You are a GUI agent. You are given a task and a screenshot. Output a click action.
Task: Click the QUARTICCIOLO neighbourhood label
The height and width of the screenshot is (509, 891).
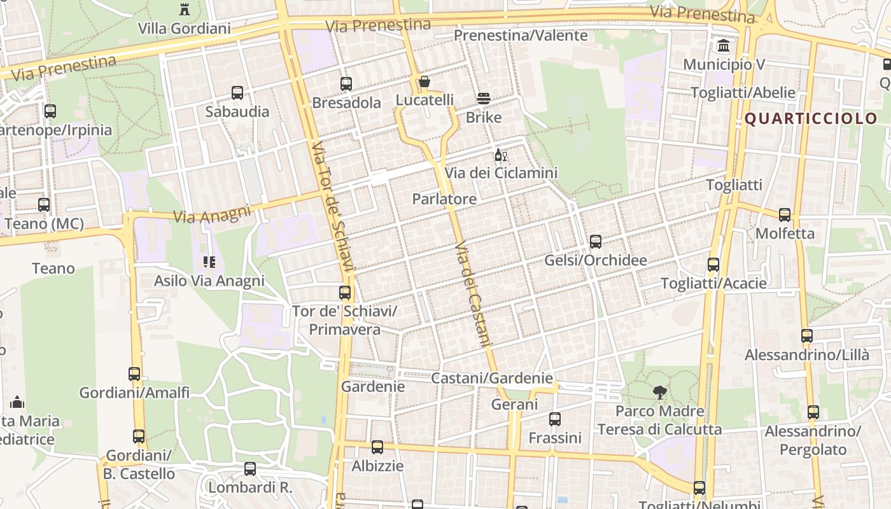[x=811, y=119]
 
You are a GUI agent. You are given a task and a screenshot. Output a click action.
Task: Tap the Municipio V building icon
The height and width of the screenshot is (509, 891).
[x=724, y=46]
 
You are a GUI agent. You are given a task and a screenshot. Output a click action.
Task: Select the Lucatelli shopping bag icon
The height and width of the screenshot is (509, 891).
[x=424, y=82]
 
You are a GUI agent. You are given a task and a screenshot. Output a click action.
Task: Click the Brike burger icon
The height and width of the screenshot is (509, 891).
[x=484, y=99]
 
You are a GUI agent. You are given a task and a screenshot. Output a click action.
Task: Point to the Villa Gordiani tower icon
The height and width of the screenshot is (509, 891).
[x=185, y=9]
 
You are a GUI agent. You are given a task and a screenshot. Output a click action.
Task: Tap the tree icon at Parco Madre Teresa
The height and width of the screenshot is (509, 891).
[x=660, y=392]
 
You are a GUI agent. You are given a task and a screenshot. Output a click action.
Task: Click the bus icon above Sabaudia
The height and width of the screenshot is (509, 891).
[x=237, y=93]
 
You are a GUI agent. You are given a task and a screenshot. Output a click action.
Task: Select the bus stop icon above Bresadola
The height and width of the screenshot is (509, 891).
[x=346, y=83]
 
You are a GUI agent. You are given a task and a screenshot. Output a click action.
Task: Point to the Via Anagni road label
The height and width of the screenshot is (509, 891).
[x=212, y=215]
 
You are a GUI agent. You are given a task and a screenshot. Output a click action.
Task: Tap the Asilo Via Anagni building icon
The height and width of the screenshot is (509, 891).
[x=209, y=261]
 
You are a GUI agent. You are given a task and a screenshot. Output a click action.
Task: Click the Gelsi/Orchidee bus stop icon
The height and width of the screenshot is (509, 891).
[x=596, y=242]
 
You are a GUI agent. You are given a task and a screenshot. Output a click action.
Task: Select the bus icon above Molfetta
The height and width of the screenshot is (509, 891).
[x=785, y=215]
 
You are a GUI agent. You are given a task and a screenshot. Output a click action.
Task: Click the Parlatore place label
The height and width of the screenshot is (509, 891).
[x=444, y=199]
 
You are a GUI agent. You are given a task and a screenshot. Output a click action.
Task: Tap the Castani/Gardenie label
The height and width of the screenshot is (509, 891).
[x=492, y=378]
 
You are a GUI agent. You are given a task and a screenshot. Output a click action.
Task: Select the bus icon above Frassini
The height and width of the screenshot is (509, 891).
[x=555, y=419]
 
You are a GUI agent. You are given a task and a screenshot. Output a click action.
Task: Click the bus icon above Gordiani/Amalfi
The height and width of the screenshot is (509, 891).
[x=134, y=374]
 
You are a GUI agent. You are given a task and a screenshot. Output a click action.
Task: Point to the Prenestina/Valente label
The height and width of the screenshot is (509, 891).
[x=521, y=36]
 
